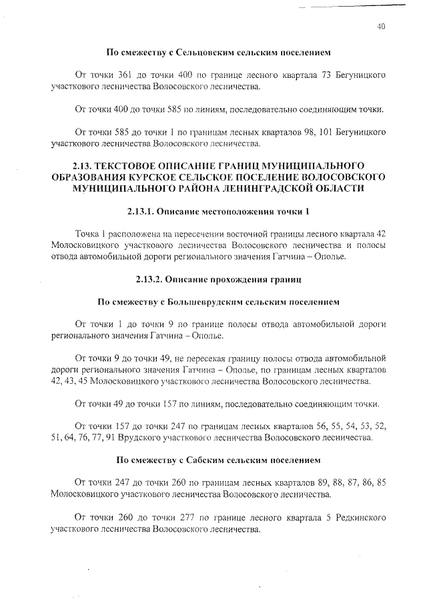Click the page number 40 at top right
pos(381,27)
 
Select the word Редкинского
pos(352,518)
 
